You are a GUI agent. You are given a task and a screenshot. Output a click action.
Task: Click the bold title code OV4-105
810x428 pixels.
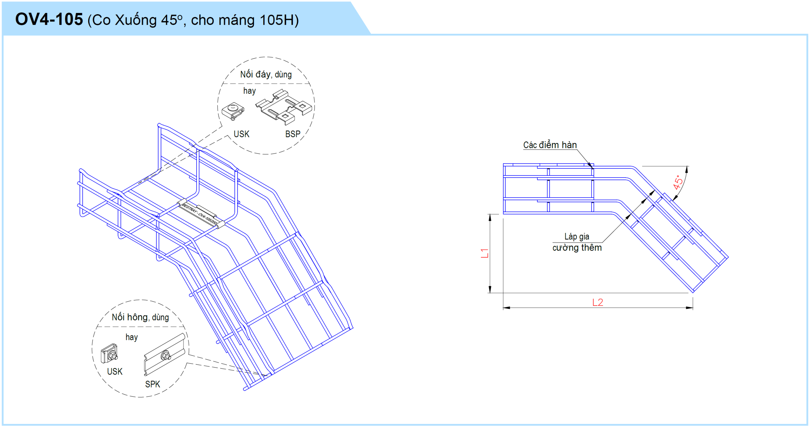click(49, 19)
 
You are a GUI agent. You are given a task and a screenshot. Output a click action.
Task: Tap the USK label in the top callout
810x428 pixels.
click(241, 134)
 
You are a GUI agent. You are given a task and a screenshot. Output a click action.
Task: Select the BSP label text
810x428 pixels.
click(293, 134)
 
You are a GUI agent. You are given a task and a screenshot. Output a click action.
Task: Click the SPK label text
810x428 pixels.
click(153, 384)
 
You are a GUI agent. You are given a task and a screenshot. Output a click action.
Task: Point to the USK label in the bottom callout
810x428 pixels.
click(115, 371)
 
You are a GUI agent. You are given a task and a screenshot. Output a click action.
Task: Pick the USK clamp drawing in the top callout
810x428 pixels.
click(233, 111)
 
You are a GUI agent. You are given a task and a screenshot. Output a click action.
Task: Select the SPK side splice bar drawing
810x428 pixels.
click(165, 354)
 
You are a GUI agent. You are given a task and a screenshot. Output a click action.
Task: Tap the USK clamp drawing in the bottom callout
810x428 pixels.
click(109, 353)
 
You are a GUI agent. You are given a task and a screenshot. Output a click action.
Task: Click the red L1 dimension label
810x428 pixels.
click(484, 253)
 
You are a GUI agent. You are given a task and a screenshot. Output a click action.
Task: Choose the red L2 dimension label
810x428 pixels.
click(598, 303)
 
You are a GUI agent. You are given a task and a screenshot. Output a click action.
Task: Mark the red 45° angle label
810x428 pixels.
click(678, 182)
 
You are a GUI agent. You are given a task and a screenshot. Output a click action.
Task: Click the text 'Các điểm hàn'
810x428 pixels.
click(550, 145)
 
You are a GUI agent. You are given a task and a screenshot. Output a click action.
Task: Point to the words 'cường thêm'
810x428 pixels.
click(577, 248)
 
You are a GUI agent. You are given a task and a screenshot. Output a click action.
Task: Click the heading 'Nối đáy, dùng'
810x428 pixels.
click(266, 74)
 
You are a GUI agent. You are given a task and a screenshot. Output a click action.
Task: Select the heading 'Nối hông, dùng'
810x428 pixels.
click(140, 317)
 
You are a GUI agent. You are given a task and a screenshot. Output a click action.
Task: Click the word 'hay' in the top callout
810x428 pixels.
click(249, 91)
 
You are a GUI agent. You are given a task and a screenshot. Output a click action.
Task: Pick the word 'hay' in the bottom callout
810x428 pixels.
click(132, 337)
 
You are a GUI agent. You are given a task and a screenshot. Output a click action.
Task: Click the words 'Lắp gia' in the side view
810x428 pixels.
click(577, 236)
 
